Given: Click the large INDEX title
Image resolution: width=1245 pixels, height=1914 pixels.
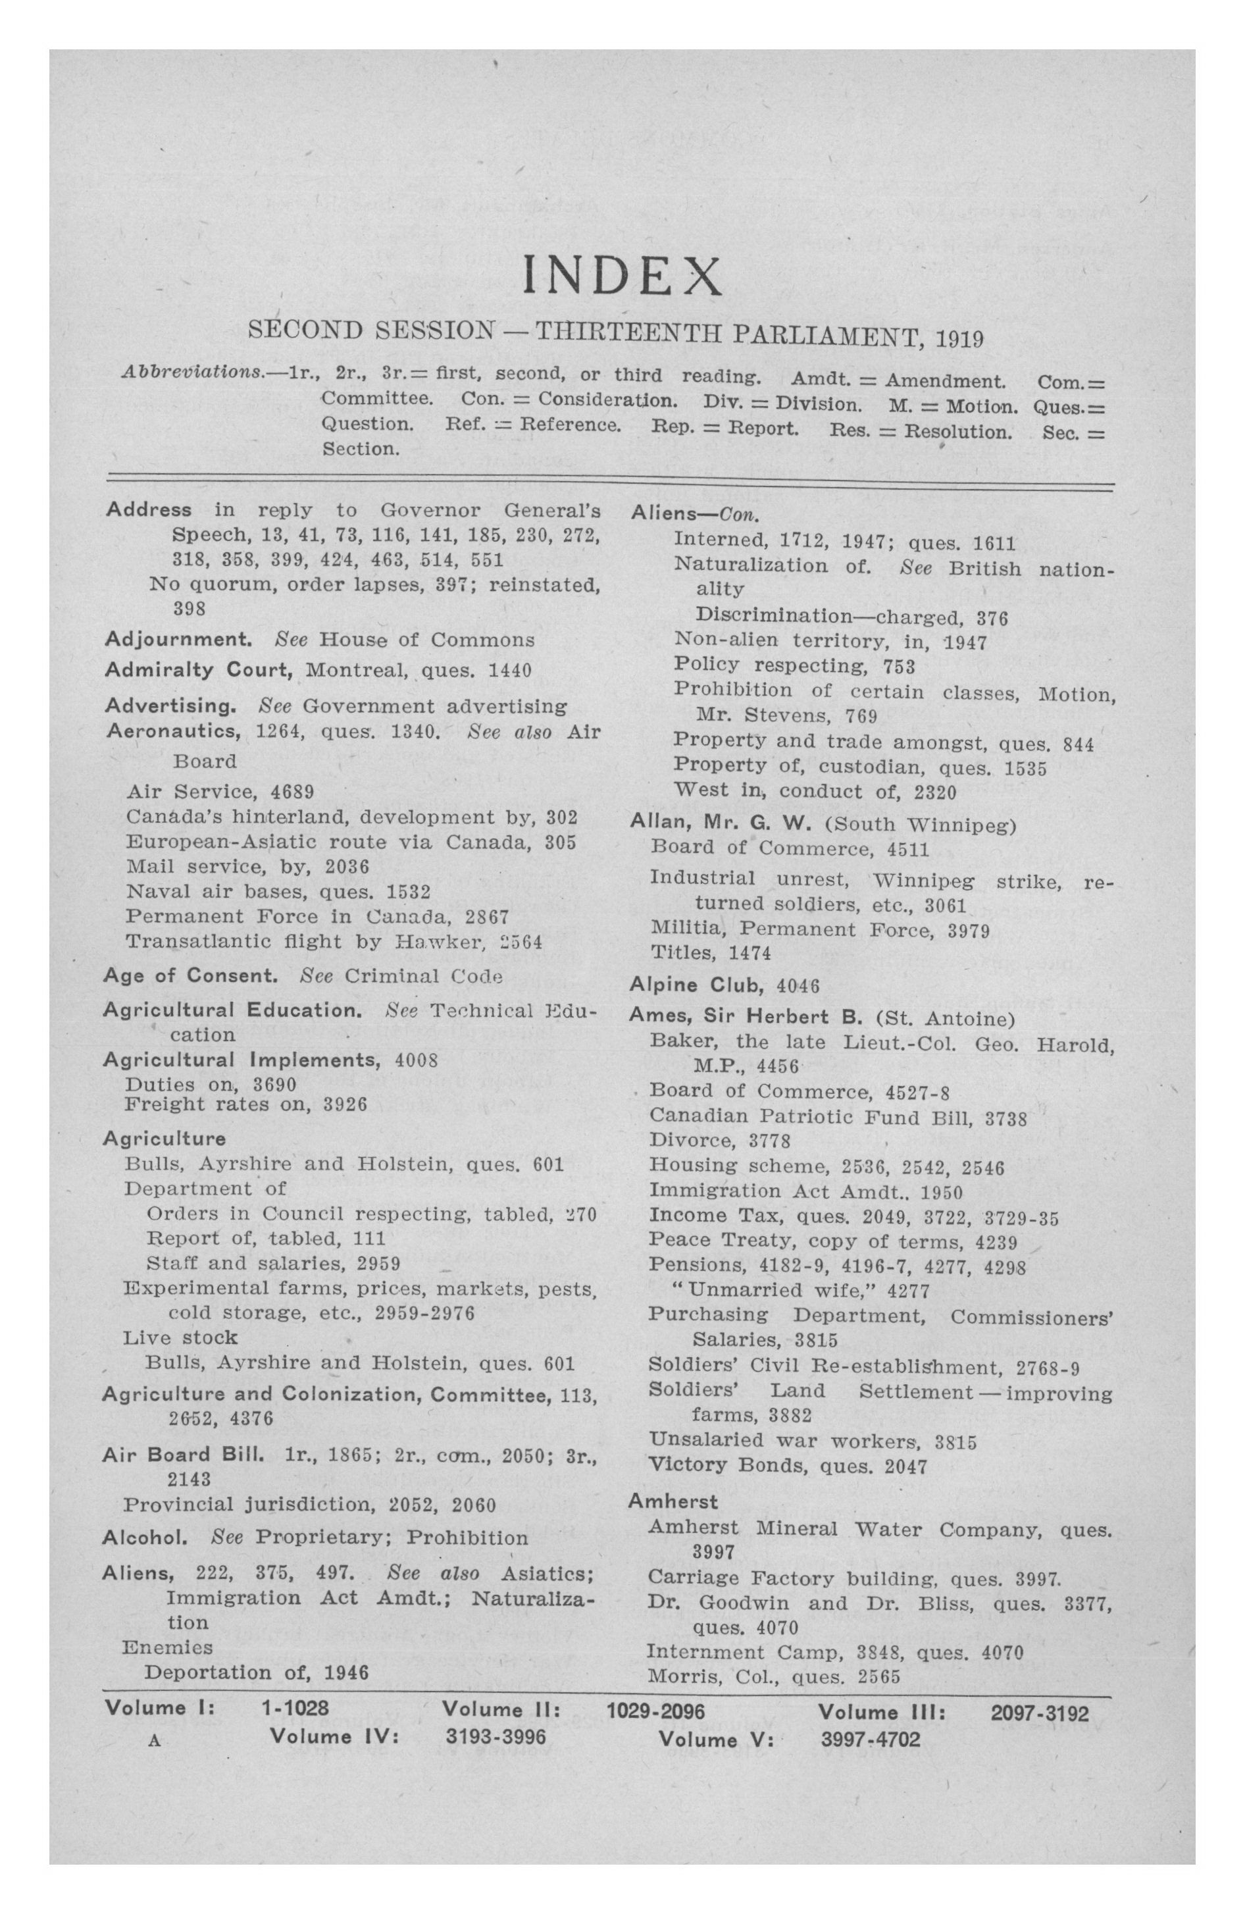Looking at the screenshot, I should (622, 275).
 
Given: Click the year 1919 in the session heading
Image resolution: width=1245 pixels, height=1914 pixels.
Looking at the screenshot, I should (958, 338).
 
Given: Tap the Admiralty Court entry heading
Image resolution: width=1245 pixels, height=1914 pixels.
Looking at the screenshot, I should (202, 670).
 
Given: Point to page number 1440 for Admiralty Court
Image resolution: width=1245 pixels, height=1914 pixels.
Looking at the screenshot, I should (510, 671).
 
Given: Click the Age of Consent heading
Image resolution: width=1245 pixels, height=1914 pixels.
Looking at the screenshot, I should (190, 976).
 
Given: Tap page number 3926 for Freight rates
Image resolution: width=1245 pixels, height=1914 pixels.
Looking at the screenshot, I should (345, 1105).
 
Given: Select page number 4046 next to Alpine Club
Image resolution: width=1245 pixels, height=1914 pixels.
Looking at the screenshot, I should (797, 986).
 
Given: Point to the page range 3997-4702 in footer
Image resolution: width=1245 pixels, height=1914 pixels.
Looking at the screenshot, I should (870, 1740).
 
